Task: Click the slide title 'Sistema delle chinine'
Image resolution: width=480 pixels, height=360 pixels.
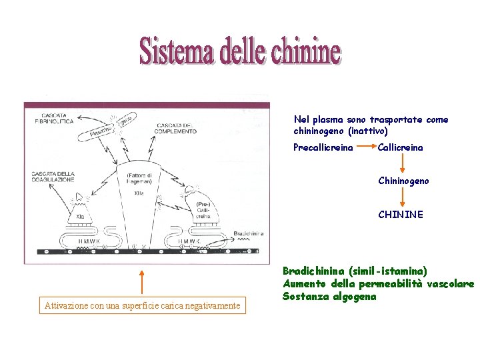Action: (x=240, y=51)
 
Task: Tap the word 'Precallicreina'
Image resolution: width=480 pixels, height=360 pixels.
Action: (x=323, y=147)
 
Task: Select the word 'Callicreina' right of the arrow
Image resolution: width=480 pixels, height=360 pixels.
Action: (x=400, y=147)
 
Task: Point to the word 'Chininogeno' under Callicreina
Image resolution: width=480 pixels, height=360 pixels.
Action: (x=403, y=181)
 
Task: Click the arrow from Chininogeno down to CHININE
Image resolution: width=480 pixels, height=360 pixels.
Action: (x=403, y=197)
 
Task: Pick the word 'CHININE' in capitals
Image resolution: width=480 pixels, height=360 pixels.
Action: (x=400, y=215)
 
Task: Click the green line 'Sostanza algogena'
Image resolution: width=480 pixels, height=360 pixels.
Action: (x=329, y=296)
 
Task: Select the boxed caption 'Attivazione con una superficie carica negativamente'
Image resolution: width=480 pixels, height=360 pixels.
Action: (x=142, y=306)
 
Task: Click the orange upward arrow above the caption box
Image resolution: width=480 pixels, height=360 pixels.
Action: (x=141, y=280)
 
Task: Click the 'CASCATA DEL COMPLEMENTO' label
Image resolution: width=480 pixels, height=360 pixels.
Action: (x=176, y=129)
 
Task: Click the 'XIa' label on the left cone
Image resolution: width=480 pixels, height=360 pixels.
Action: (x=80, y=217)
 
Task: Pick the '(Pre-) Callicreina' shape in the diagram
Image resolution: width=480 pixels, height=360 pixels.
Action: (x=201, y=206)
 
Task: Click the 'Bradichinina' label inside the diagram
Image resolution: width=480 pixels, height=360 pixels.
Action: (x=249, y=233)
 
